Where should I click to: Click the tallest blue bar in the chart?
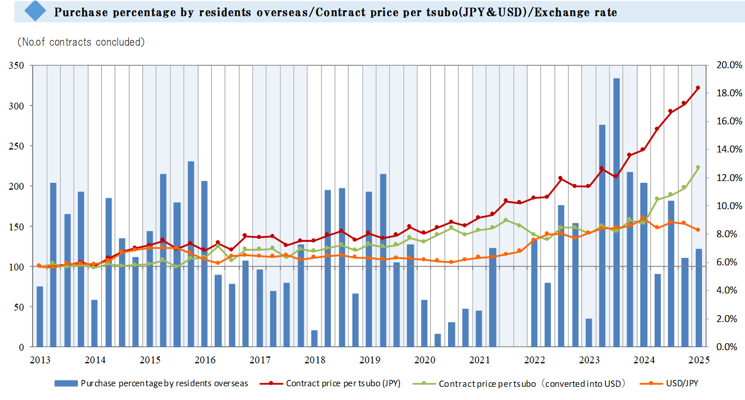616,212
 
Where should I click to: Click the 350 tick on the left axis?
17,66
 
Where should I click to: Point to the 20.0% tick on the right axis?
728,65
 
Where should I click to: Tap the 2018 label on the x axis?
314,360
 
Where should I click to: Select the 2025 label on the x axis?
699,360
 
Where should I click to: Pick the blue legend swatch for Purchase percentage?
66,383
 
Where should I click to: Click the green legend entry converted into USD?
532,383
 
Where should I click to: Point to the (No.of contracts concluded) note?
80,42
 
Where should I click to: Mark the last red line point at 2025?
698,88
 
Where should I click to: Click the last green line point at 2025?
698,167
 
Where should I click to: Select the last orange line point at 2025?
698,230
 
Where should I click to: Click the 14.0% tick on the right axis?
728,150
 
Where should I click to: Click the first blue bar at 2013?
39,316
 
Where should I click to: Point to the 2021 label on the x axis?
479,360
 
